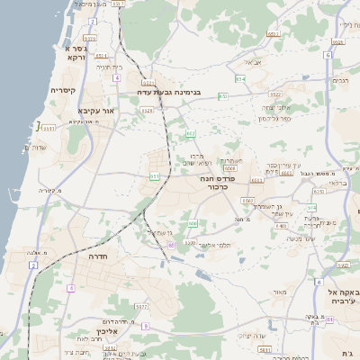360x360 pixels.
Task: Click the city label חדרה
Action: pos(98,256)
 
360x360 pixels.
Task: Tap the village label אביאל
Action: pos(252,63)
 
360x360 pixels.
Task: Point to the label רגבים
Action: pos(339,81)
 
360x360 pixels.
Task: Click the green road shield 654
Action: pos(240,80)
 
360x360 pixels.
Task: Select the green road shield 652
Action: pos(191,134)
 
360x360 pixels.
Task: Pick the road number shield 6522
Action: pos(274,94)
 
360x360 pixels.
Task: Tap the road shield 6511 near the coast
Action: pos(49,129)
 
